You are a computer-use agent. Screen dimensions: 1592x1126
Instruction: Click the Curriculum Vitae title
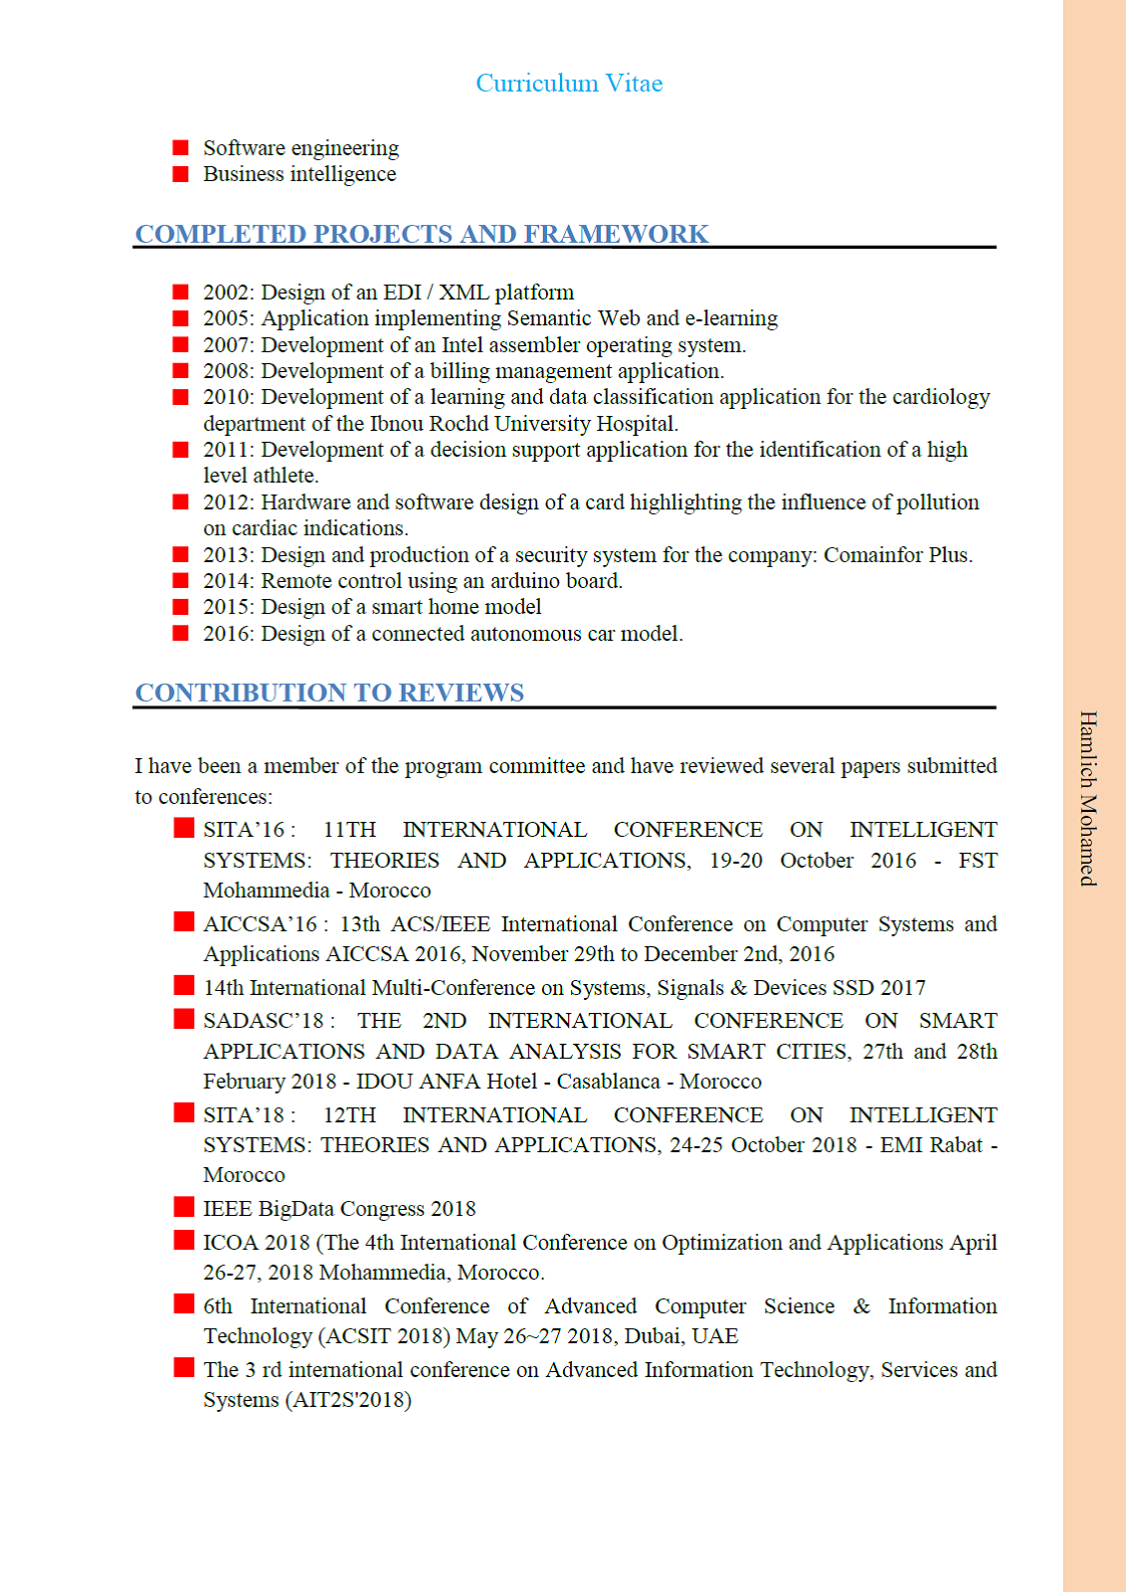click(569, 84)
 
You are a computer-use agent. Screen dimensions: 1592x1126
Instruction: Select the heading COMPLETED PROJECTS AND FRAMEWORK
click(422, 234)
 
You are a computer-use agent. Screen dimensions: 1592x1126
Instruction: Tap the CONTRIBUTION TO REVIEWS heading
click(329, 693)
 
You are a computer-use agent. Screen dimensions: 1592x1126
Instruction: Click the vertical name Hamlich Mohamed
click(1088, 798)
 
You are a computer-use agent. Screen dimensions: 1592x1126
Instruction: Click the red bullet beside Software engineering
click(181, 148)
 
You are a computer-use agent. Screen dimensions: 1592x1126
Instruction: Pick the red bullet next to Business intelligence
click(181, 174)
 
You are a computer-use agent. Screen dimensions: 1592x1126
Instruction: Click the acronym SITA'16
click(244, 830)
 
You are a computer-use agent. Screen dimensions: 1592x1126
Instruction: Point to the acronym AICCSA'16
click(261, 924)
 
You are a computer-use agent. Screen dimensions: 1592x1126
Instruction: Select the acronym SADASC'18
click(264, 1021)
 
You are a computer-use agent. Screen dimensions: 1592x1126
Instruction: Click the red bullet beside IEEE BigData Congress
click(184, 1207)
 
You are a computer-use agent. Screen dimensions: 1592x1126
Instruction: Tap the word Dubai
click(655, 1336)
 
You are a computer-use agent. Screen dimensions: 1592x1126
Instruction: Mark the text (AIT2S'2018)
click(348, 1400)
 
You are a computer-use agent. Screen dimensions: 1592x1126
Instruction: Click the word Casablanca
click(608, 1082)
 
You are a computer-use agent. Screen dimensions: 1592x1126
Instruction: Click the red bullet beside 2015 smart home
click(181, 607)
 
